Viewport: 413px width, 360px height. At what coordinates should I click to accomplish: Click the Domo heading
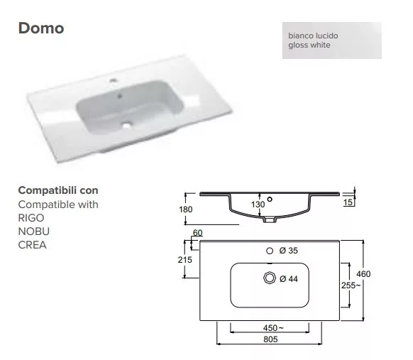click(x=41, y=28)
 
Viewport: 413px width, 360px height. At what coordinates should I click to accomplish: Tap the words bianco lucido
click(x=313, y=36)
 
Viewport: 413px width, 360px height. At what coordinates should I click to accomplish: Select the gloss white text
click(x=309, y=45)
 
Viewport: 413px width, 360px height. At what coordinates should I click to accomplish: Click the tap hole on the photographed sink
click(x=114, y=80)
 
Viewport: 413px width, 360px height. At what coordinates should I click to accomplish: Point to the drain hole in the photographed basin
click(x=127, y=125)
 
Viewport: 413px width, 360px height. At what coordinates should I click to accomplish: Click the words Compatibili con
click(x=58, y=190)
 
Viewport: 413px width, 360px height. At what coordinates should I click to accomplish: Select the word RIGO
click(x=31, y=218)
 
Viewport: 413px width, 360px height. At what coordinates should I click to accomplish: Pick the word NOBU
click(x=34, y=231)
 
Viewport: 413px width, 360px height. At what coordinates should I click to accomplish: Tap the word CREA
click(x=32, y=245)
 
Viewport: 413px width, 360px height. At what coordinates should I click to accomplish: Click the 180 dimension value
click(x=186, y=209)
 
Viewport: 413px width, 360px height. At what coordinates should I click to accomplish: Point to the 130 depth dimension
click(x=258, y=204)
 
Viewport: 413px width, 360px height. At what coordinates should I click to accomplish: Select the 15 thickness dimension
click(x=348, y=202)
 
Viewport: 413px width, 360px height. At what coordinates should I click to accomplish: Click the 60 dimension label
click(x=197, y=233)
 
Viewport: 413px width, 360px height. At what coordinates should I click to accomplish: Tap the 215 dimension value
click(x=185, y=260)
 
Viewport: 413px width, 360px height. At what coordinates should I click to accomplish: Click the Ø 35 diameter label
click(x=288, y=251)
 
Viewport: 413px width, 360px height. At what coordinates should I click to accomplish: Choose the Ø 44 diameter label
click(x=289, y=279)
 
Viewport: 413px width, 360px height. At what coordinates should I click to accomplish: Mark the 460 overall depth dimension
click(x=363, y=274)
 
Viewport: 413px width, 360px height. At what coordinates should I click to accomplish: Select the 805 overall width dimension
click(x=270, y=339)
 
